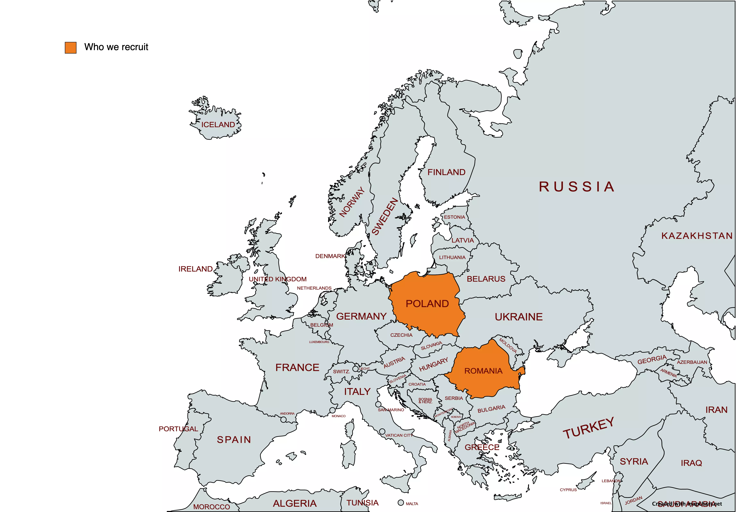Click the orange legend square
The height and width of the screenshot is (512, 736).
click(71, 47)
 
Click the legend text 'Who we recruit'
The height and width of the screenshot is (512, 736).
click(116, 47)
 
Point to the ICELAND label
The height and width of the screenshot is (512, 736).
click(218, 125)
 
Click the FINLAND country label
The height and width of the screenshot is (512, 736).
click(446, 172)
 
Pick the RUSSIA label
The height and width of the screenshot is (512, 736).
click(576, 187)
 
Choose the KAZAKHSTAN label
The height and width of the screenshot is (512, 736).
click(697, 236)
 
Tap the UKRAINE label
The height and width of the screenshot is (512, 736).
click(519, 317)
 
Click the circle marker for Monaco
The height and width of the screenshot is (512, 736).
click(332, 410)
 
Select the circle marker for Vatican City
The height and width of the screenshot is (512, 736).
click(382, 432)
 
